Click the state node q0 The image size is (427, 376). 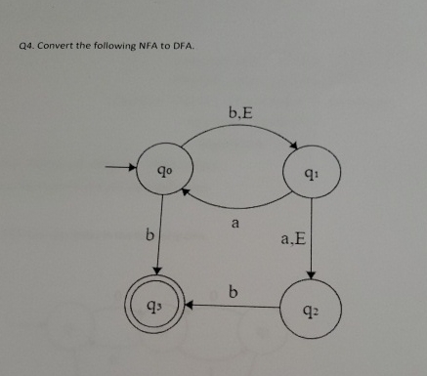tap(159, 176)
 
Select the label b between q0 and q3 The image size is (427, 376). tap(149, 235)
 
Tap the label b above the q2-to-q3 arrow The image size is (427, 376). tap(232, 289)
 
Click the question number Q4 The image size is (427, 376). tap(25, 45)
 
